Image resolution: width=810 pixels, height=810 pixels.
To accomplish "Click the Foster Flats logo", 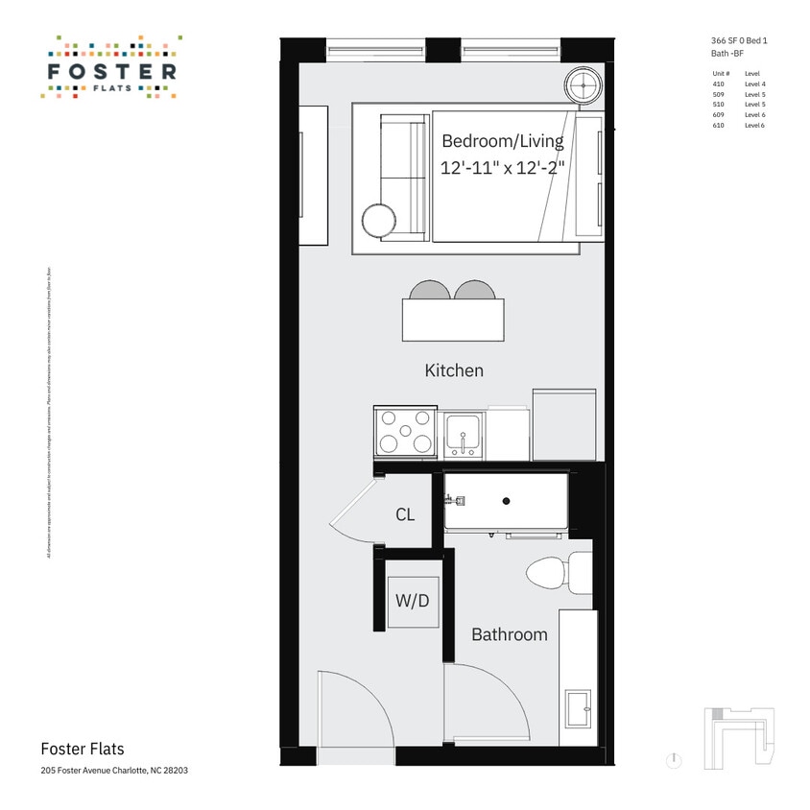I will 110,68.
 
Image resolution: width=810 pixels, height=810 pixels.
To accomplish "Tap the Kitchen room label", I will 454,370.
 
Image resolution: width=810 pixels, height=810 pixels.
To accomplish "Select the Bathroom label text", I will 509,634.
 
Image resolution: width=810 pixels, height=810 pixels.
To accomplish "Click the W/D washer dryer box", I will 413,602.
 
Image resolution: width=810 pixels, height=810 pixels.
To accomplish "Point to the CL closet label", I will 405,515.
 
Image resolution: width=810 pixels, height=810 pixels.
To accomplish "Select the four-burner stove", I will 405,431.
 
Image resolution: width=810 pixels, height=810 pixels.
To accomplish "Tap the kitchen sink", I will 464,434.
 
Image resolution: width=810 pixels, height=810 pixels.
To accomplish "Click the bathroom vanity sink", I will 579,710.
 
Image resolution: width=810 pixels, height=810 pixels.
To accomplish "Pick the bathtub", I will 506,501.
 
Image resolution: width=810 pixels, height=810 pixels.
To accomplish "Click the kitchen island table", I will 453,320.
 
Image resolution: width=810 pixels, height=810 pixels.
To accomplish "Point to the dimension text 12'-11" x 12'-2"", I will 502,168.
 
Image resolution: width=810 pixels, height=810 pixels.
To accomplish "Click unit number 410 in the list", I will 720,84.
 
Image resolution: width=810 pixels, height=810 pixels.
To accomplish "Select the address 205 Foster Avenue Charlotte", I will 107,771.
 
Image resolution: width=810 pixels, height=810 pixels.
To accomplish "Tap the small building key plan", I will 738,734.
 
